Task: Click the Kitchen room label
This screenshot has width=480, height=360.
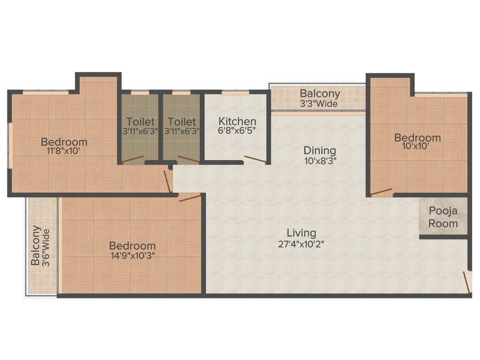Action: (237, 121)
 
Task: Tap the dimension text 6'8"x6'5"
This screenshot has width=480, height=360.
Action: (237, 131)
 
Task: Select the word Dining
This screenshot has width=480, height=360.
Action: (320, 150)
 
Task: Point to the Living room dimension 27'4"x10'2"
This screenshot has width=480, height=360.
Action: (301, 244)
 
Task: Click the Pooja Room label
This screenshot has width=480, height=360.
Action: (443, 217)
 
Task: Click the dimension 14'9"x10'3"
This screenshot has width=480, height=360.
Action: (132, 255)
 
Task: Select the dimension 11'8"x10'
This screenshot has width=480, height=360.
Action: (64, 151)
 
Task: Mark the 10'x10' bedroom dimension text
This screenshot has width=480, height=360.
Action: (417, 146)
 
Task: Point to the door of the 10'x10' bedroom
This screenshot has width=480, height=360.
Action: (381, 191)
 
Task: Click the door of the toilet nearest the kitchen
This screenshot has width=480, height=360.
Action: (189, 159)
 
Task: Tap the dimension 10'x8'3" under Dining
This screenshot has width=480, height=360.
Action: (320, 160)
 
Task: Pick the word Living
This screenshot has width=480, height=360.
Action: (301, 233)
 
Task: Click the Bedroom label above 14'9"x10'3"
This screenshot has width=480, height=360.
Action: (132, 246)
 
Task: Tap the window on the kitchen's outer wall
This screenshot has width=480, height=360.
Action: (235, 93)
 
